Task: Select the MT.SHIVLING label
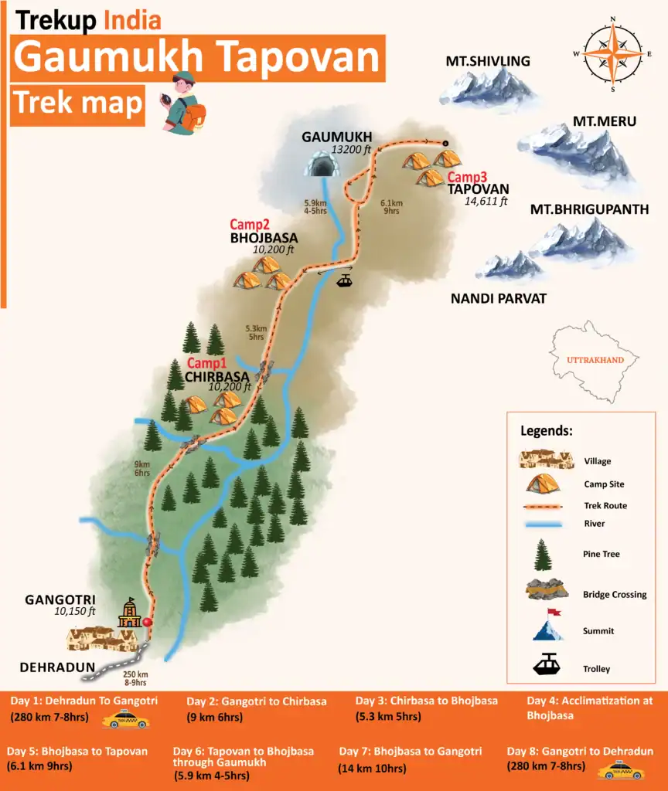pos(488,61)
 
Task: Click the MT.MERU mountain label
pos(605,121)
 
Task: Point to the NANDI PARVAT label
pos(499,297)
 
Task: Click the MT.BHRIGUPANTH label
pos(589,209)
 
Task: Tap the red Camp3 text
pos(466,177)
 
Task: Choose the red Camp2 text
pos(248,225)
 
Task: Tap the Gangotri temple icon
pos(130,614)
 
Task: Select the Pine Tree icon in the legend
pos(544,554)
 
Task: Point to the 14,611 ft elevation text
pos(486,202)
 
